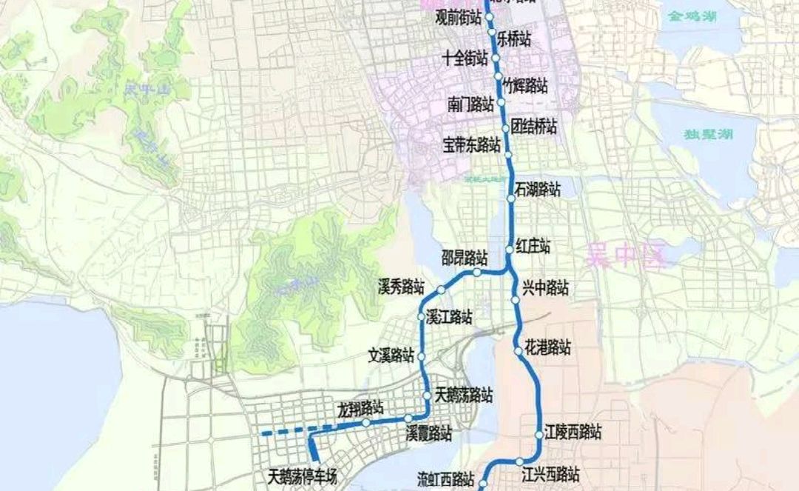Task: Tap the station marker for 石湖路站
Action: click(511, 198)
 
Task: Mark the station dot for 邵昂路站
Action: click(478, 273)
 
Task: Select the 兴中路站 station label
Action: click(545, 288)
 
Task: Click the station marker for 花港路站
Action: click(518, 351)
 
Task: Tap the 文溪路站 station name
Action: click(391, 355)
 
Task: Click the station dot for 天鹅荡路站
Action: click(428, 396)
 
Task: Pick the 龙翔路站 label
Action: click(360, 407)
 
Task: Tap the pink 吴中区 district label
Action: click(626, 257)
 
